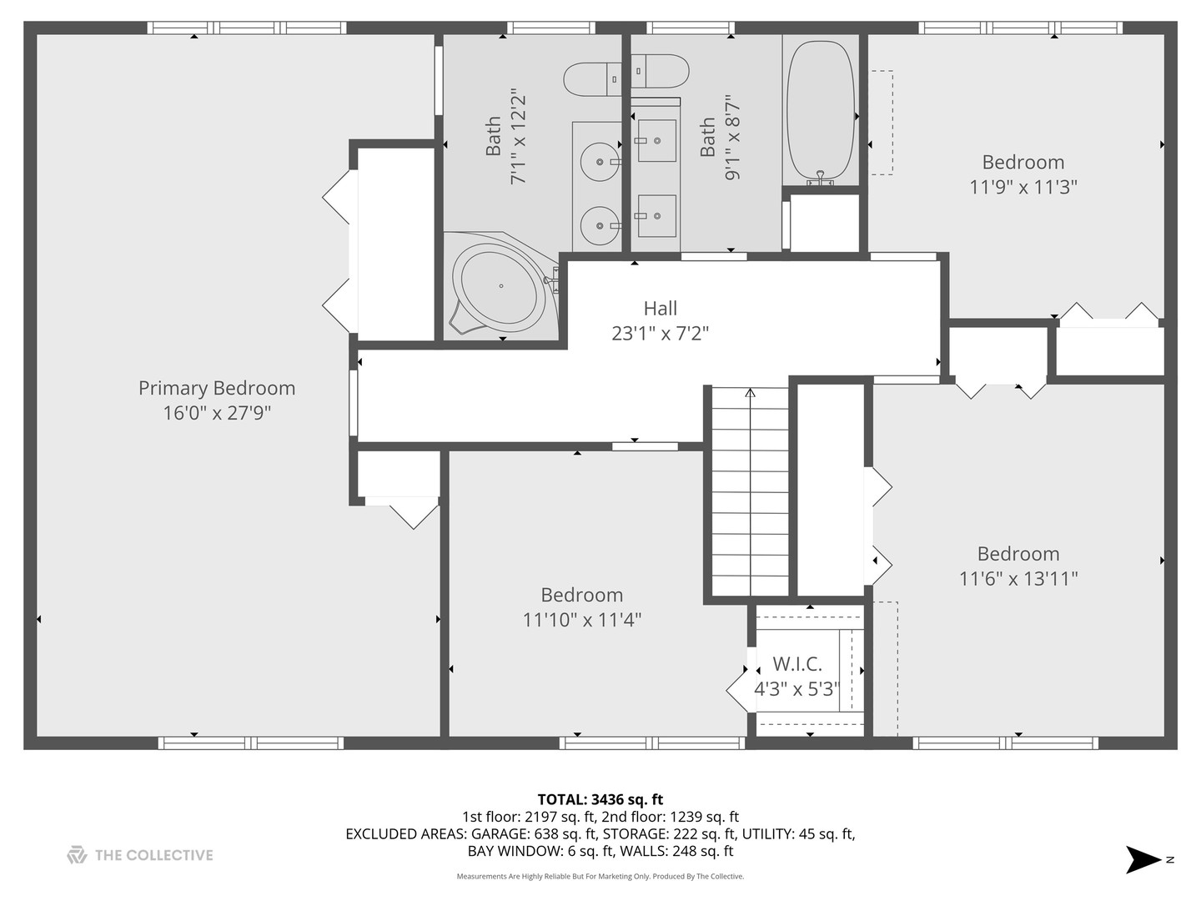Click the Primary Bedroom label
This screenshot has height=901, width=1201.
coord(217,389)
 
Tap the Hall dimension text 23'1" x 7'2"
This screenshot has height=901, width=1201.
coord(660,333)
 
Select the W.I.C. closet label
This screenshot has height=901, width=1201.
coord(797,664)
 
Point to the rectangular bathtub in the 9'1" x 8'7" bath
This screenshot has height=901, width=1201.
coord(820,110)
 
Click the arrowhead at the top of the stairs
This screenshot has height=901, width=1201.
coord(750,393)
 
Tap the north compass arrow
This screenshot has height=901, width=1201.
coord(1143,859)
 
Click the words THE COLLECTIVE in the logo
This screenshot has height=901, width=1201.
coord(153,855)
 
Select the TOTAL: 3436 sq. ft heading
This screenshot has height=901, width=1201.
coord(600,799)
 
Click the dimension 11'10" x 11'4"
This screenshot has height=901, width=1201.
coord(581,620)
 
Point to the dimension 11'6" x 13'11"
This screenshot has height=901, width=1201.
coord(1018,579)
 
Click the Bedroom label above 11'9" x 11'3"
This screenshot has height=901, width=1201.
coord(1023,162)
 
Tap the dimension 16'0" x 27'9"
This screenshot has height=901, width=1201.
coord(217,413)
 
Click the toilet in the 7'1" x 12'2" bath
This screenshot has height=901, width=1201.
coord(592,79)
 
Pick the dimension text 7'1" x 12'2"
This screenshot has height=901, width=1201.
coord(518,136)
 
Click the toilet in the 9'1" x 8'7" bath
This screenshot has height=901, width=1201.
coord(660,71)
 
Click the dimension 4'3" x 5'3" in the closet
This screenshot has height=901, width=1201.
coord(796,689)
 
